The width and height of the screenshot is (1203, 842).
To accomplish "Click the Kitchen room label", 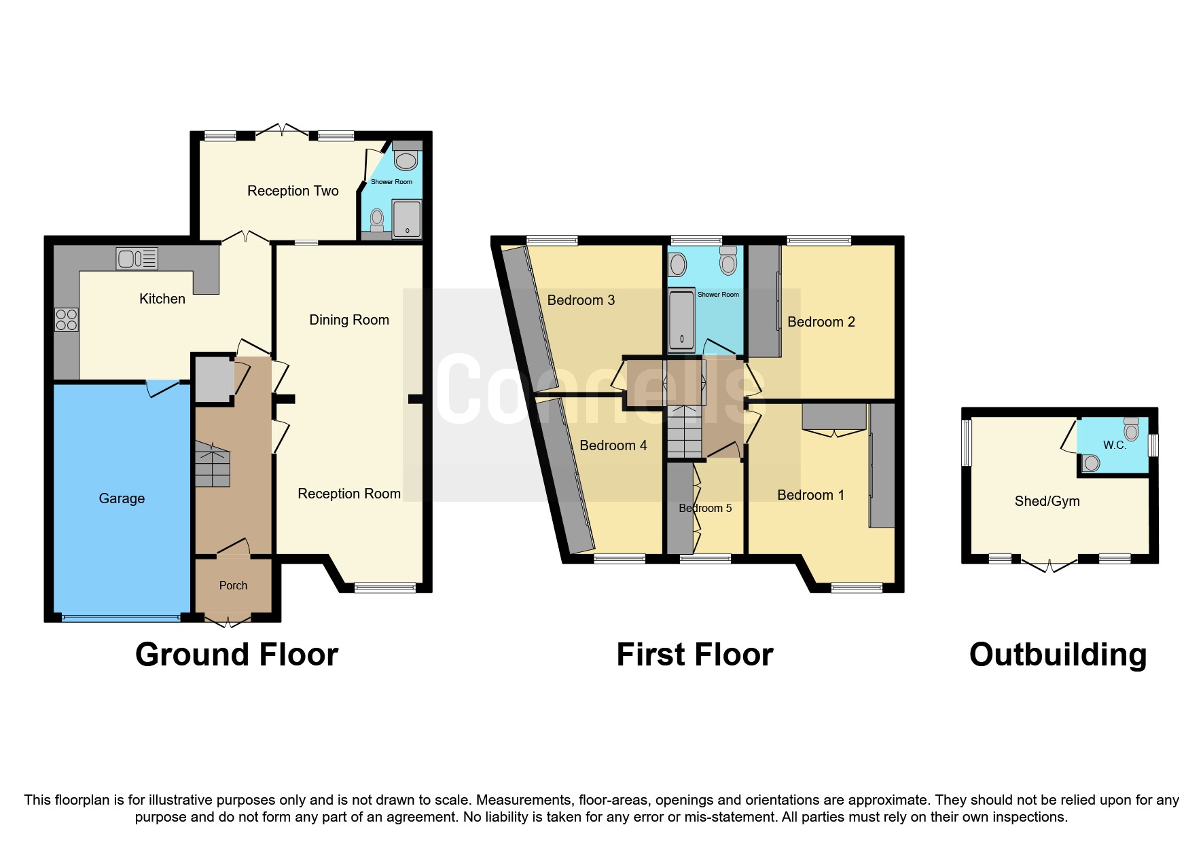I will (162, 299).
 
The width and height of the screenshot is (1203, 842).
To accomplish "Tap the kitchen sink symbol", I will (137, 259).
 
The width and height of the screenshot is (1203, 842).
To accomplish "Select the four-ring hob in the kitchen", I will (67, 320).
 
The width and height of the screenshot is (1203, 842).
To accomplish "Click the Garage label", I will (122, 498).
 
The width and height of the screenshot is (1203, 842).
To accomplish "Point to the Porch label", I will (233, 585).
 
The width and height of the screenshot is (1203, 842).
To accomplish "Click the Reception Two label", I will (293, 191).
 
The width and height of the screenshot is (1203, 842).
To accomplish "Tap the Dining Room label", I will (349, 320).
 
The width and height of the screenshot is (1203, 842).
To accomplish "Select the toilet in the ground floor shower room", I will (406, 160).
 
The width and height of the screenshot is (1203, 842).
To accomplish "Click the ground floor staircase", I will (213, 464).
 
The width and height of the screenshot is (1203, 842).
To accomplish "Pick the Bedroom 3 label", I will (581, 300).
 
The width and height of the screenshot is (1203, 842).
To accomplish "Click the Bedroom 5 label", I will (705, 508).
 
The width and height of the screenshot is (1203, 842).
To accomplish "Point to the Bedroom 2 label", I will (821, 322).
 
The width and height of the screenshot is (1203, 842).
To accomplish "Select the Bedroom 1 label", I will (810, 495).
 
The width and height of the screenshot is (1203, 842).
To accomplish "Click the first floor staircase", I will (684, 431).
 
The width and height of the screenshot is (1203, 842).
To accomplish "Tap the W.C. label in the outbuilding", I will (1114, 445).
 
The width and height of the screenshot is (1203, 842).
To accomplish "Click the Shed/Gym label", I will (1047, 501).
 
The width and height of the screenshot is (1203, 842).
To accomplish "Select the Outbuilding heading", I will (1058, 655).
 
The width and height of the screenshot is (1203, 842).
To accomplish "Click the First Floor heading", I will (694, 655).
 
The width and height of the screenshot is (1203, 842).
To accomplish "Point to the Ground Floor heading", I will (236, 655).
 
